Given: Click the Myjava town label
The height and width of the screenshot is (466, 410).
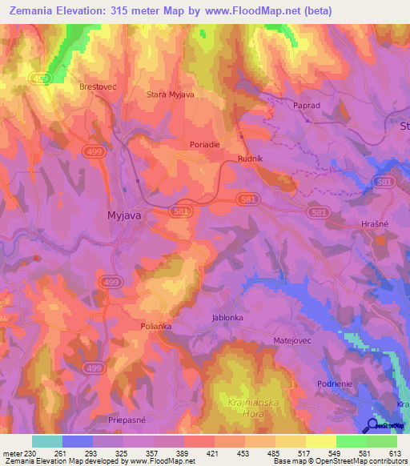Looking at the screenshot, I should tap(125, 215).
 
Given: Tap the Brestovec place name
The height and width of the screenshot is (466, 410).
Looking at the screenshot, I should tap(98, 86).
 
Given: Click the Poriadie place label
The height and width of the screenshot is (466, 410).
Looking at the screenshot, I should tap(205, 145).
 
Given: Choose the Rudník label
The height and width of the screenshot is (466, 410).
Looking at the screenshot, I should tap(251, 160).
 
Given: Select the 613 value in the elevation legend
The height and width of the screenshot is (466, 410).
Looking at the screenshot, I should tap(395, 453).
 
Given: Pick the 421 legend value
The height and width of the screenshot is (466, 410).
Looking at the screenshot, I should tap(212, 453).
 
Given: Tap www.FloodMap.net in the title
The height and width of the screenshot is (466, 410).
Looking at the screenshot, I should tap(259, 11).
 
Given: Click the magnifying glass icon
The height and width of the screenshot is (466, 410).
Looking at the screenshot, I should tap(373, 425).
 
